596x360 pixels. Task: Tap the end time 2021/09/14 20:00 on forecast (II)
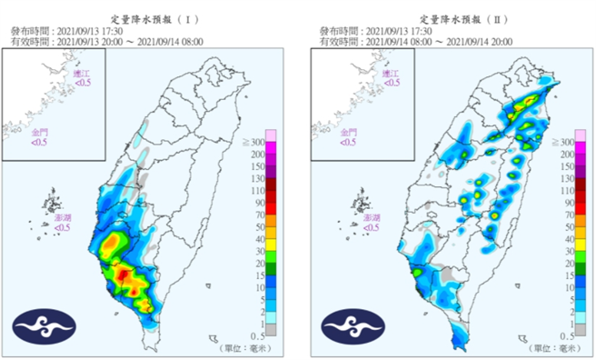click(482, 41)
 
